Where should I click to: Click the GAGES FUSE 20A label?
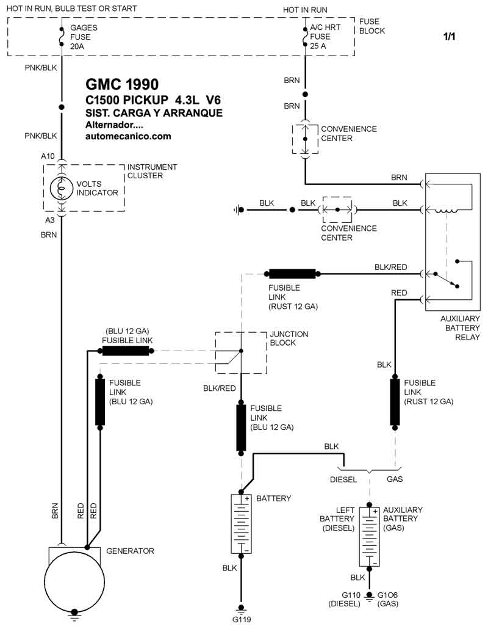(84, 37)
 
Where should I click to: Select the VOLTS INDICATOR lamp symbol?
(61, 188)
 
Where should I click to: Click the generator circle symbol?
(74, 586)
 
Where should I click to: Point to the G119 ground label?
(241, 619)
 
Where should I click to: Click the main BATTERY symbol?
(242, 524)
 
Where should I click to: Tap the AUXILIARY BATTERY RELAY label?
(460, 328)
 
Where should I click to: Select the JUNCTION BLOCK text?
(289, 338)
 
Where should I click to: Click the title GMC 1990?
(121, 84)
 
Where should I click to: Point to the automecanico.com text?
(128, 136)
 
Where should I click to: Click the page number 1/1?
(449, 37)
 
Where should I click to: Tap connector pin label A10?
(48, 156)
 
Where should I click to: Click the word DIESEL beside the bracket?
(343, 479)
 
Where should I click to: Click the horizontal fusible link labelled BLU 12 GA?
(126, 351)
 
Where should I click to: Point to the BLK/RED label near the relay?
(391, 267)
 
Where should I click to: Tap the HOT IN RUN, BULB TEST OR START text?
(72, 9)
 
